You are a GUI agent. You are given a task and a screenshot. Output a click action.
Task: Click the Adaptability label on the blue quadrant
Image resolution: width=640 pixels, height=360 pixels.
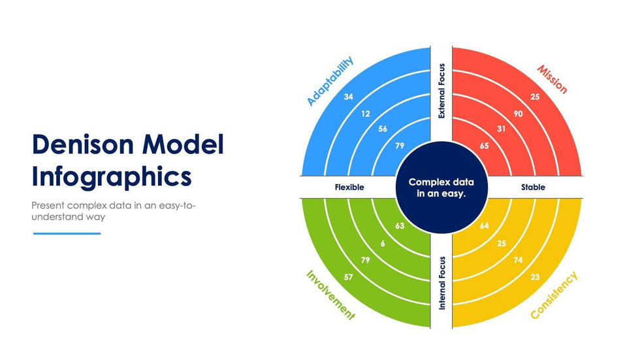330,81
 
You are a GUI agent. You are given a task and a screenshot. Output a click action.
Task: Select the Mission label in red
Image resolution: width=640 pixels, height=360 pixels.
552,79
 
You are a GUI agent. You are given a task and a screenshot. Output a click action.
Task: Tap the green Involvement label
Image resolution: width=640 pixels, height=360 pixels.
330,295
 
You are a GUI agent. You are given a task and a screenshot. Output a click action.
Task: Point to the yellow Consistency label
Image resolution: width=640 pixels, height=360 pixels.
554,295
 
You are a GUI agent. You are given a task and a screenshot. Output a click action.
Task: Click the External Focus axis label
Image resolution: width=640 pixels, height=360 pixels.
442,91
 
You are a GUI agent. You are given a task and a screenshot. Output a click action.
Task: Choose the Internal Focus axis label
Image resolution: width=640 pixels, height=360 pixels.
442,282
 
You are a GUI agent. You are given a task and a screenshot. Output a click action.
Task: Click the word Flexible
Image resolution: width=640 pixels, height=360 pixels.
349,188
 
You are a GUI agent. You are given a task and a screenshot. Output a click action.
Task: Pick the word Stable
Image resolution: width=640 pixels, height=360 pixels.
533,188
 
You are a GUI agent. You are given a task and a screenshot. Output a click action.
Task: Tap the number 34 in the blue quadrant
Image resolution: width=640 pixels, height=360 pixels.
349,97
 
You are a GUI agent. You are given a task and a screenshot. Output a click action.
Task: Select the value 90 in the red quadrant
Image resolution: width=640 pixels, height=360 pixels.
518,114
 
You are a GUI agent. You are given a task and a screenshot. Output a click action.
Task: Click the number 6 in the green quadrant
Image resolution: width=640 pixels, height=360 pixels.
383,243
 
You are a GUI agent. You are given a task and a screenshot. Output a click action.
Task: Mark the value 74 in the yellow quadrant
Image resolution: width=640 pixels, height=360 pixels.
518,260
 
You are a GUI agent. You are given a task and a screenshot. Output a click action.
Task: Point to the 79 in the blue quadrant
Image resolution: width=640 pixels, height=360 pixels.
400,146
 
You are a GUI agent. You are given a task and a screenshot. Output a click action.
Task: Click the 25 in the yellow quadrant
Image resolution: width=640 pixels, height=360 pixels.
502,243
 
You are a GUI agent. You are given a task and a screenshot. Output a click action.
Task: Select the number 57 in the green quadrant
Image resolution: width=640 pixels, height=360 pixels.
349,277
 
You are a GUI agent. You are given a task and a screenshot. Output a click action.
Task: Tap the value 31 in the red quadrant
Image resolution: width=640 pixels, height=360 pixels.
502,129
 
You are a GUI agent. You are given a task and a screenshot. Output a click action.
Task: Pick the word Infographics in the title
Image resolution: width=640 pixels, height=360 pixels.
112,176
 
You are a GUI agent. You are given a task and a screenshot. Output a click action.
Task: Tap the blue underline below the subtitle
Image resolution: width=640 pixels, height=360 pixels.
67,233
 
